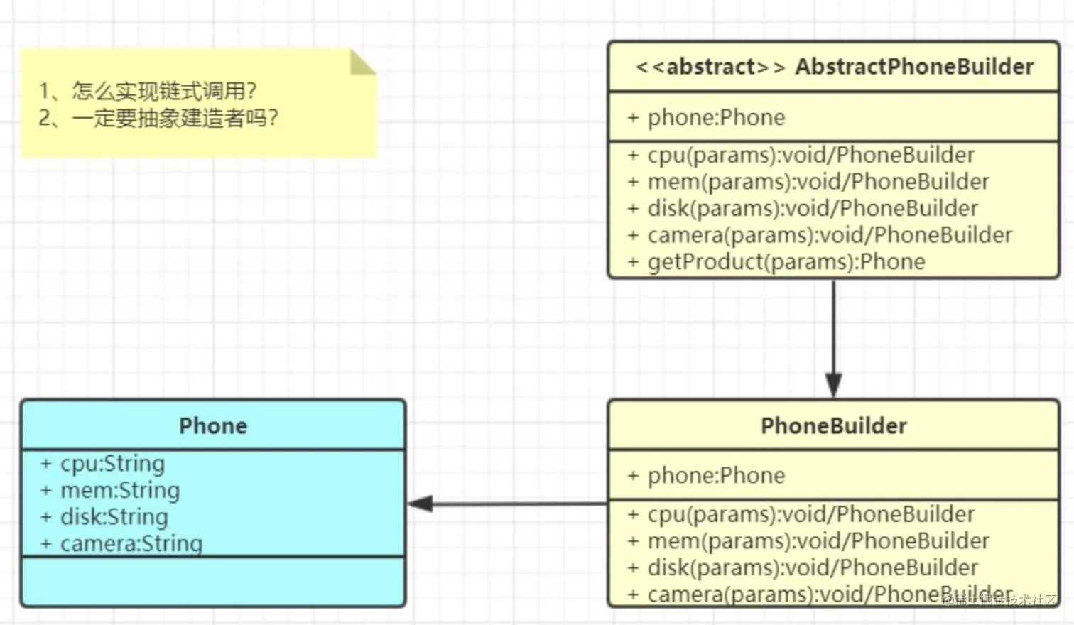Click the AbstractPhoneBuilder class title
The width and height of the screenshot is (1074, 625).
[x=834, y=67]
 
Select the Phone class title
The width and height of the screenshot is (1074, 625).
[x=213, y=425]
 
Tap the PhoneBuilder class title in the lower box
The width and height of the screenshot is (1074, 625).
[x=834, y=425]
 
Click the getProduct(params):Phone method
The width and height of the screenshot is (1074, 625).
[x=776, y=261]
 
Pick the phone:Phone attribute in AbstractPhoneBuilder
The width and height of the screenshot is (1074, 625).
[x=706, y=117]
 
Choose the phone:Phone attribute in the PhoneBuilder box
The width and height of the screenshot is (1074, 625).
[x=706, y=475]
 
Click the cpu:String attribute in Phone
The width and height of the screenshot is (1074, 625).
[x=102, y=464]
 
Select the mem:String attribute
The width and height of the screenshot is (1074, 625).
[x=110, y=490]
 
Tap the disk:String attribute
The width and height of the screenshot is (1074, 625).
[x=104, y=517]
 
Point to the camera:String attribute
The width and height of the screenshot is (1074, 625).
[x=121, y=543]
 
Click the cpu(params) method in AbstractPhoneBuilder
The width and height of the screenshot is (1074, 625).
[x=801, y=155]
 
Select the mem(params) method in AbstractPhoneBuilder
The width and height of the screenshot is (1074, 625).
[x=808, y=182]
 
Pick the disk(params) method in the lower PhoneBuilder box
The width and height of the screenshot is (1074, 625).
[x=803, y=567]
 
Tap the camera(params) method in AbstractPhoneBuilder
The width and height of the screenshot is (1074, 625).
[x=820, y=235]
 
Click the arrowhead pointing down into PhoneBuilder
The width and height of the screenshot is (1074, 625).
[x=834, y=386]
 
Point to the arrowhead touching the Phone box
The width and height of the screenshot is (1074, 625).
[x=421, y=504]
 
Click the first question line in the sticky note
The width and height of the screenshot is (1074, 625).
[x=148, y=91]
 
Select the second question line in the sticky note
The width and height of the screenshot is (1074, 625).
[x=158, y=118]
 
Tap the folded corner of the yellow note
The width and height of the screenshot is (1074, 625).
[x=362, y=62]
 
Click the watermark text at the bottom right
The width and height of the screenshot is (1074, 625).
[x=999, y=599]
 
